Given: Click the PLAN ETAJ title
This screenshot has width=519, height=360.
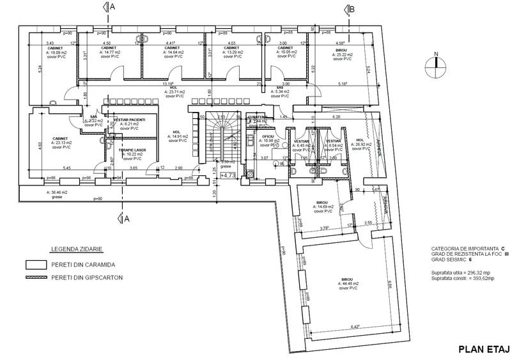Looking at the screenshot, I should (x=483, y=349).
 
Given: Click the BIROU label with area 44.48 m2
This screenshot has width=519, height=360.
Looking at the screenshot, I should (x=348, y=280).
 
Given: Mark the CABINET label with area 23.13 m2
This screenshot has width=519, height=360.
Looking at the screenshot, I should (x=61, y=138).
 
